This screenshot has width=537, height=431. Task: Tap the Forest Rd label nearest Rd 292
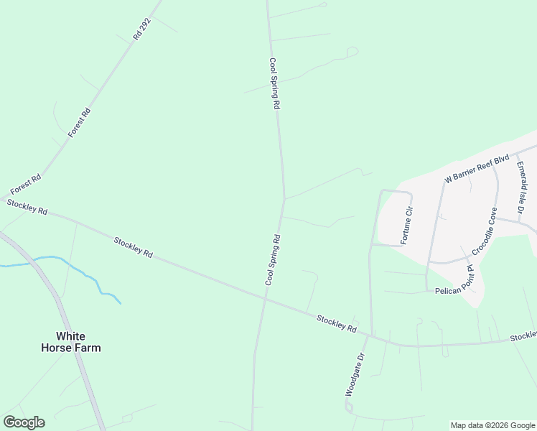(x=80, y=122)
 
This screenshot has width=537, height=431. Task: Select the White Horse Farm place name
(x=79, y=342)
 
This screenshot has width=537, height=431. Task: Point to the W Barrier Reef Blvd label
(x=477, y=167)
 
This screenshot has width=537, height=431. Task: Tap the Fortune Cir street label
(x=407, y=225)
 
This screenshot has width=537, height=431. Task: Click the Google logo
(x=24, y=422)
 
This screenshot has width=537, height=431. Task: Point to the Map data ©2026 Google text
(x=493, y=425)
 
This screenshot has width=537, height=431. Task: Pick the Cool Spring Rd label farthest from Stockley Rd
(x=274, y=83)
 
